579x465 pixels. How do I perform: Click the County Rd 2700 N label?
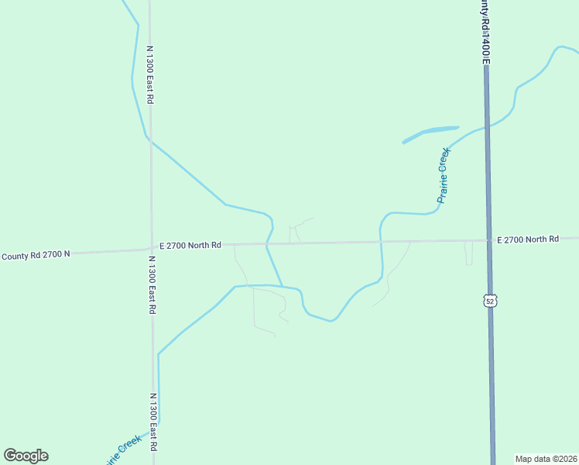36,254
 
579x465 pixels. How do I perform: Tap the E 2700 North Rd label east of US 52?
527,239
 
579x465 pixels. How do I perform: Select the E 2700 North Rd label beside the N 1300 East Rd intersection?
190,245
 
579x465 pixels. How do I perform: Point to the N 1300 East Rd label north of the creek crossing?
151,74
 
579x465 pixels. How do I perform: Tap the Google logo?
26,456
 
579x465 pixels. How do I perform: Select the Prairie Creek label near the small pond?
443,175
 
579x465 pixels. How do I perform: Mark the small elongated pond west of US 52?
430,133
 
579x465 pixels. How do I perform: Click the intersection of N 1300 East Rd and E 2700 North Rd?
151,248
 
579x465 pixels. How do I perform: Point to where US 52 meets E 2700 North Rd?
489,240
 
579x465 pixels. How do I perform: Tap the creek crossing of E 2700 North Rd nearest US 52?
380,242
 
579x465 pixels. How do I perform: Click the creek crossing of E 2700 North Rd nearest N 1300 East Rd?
267,244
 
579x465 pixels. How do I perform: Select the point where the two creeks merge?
282,286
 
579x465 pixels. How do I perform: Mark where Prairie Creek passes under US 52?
487,126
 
